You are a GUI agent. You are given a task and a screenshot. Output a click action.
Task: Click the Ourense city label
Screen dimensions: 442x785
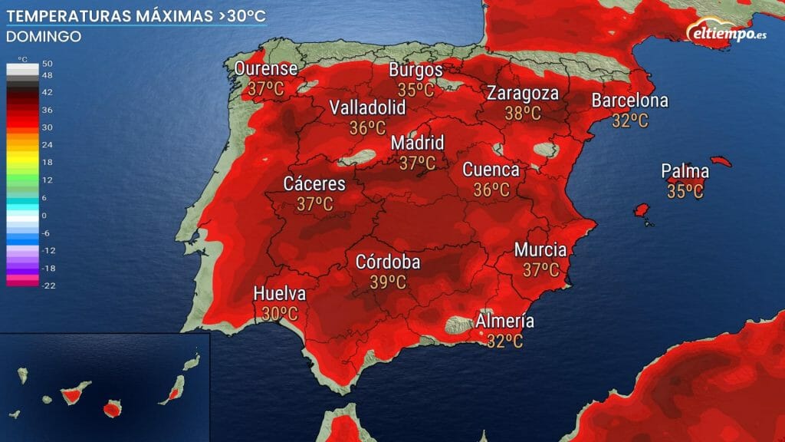coord(266,70)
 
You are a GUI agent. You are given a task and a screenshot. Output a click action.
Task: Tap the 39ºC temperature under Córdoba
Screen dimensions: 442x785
coord(388,282)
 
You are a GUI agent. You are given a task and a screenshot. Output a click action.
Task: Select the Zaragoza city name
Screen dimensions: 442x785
coord(523,94)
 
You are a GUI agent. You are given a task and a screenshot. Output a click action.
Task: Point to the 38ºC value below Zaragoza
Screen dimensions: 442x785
coord(523,114)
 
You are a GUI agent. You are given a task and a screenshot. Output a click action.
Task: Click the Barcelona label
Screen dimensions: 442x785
coord(629,101)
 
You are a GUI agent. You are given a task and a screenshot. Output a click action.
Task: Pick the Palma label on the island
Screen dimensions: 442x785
coord(685,172)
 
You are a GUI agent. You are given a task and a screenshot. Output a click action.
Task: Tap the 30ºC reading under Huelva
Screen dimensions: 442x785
coord(280,313)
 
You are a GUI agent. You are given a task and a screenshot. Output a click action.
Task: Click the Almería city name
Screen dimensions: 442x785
coord(505,322)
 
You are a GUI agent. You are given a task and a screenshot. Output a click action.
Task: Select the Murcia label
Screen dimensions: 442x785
coord(540,250)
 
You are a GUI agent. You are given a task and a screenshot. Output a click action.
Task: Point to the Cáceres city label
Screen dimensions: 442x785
coord(314,184)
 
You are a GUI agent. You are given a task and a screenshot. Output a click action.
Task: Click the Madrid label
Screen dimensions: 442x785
coord(417,143)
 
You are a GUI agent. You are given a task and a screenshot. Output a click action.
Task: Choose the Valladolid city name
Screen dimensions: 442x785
coord(367,108)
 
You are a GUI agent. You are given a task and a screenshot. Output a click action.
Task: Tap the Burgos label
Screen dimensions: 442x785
coord(416,70)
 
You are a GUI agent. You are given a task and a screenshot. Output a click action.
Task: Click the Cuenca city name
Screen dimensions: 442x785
coord(491,170)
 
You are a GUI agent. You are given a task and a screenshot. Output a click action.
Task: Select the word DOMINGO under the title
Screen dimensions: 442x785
coord(44,36)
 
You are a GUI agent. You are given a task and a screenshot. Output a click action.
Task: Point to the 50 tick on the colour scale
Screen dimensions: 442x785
coord(47,64)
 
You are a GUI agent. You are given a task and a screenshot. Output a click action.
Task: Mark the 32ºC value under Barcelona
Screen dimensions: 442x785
coord(630,120)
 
